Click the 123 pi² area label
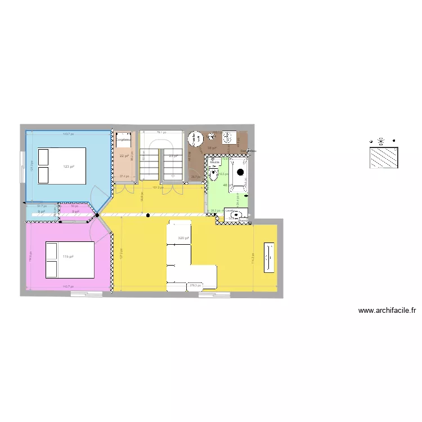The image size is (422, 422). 69,166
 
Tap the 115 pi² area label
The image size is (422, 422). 69,257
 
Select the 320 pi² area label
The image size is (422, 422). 183,238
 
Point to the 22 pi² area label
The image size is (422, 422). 123,156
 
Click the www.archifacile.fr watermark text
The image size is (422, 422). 387,310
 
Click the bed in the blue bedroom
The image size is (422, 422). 61,165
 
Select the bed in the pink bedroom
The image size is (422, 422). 69,259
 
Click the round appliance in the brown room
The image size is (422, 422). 195,138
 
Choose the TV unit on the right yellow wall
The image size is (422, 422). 270,258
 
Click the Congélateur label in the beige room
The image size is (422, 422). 124,140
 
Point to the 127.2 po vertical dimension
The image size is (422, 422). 121,253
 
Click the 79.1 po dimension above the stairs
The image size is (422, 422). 161,132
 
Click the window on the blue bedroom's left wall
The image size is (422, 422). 23,167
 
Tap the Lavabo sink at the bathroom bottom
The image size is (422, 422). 236,214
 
